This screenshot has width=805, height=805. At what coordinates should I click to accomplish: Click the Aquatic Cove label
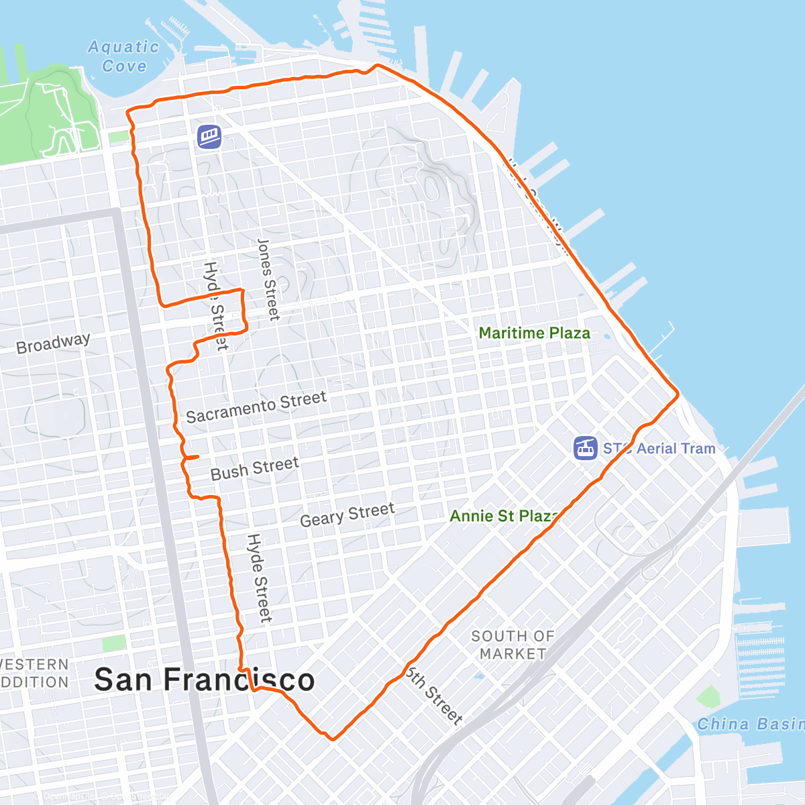point(124,56)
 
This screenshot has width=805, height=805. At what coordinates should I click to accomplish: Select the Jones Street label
point(268,279)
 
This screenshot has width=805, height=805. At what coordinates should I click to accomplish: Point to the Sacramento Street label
point(256,407)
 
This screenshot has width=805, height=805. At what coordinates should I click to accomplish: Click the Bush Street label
point(254,468)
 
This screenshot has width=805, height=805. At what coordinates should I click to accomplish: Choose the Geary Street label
point(347,515)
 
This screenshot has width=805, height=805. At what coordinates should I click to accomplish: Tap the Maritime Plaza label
point(534,333)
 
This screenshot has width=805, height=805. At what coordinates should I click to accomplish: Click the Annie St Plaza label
point(504,516)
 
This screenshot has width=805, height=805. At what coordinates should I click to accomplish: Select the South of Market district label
point(513,645)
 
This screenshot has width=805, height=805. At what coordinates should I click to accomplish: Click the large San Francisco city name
point(204,680)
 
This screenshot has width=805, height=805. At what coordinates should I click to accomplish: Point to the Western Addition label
point(34,674)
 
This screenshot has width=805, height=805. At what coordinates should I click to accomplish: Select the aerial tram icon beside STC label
point(585,448)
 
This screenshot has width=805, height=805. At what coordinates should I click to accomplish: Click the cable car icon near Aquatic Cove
point(209,137)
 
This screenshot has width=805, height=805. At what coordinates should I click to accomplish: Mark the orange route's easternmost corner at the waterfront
point(678,394)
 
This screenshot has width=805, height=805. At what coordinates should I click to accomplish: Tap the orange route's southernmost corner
point(332,739)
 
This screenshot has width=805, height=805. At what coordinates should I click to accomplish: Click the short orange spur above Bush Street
point(192,458)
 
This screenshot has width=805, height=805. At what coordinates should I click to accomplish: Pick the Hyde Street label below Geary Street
point(259,578)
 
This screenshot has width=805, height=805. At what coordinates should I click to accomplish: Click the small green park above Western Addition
point(114,643)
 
